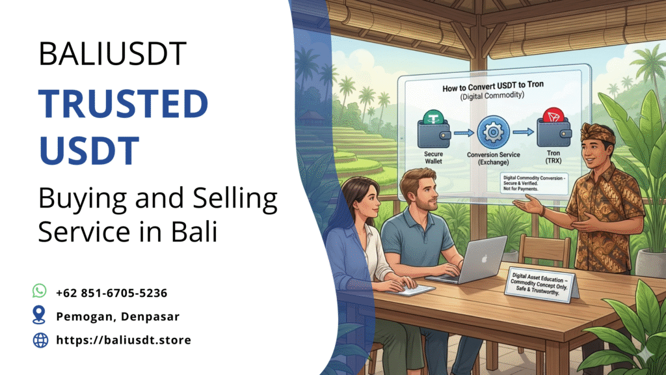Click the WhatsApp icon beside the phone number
point(40,291)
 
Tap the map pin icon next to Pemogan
point(39,315)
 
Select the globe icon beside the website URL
point(40,340)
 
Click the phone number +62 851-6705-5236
point(112,293)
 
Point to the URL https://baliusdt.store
point(124,340)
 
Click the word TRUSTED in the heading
point(123,104)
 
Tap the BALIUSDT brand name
point(113,53)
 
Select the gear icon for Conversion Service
point(493,132)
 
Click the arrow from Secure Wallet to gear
point(463,133)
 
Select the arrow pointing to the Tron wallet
point(523,132)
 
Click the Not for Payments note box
point(534,183)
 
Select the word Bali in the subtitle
point(194,231)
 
